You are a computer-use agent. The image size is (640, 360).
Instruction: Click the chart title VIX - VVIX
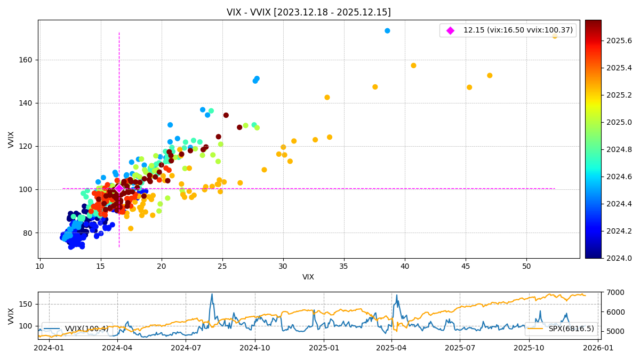pos(308,12)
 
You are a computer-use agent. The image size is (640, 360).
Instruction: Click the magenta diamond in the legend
pos(450,30)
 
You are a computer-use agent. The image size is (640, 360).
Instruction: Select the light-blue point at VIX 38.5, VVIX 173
pos(387,31)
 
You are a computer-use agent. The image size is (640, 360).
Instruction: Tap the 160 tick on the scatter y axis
pos(28,60)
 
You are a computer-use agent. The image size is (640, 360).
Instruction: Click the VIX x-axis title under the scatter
pos(308,277)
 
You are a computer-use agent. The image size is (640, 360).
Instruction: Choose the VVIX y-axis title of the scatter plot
pos(11,139)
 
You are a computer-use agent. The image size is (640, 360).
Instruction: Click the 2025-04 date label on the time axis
pos(391,348)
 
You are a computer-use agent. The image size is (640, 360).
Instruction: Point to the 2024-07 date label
pos(186,348)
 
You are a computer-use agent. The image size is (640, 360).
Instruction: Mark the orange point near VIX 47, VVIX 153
pos(490,76)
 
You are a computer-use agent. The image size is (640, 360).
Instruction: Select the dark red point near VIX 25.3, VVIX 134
pos(226,115)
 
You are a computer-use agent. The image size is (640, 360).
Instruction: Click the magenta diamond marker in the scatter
pos(119,189)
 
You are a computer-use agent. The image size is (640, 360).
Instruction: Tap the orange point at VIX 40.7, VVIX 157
pos(413,66)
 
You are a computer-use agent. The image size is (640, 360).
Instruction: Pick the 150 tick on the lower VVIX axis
pos(28,304)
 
